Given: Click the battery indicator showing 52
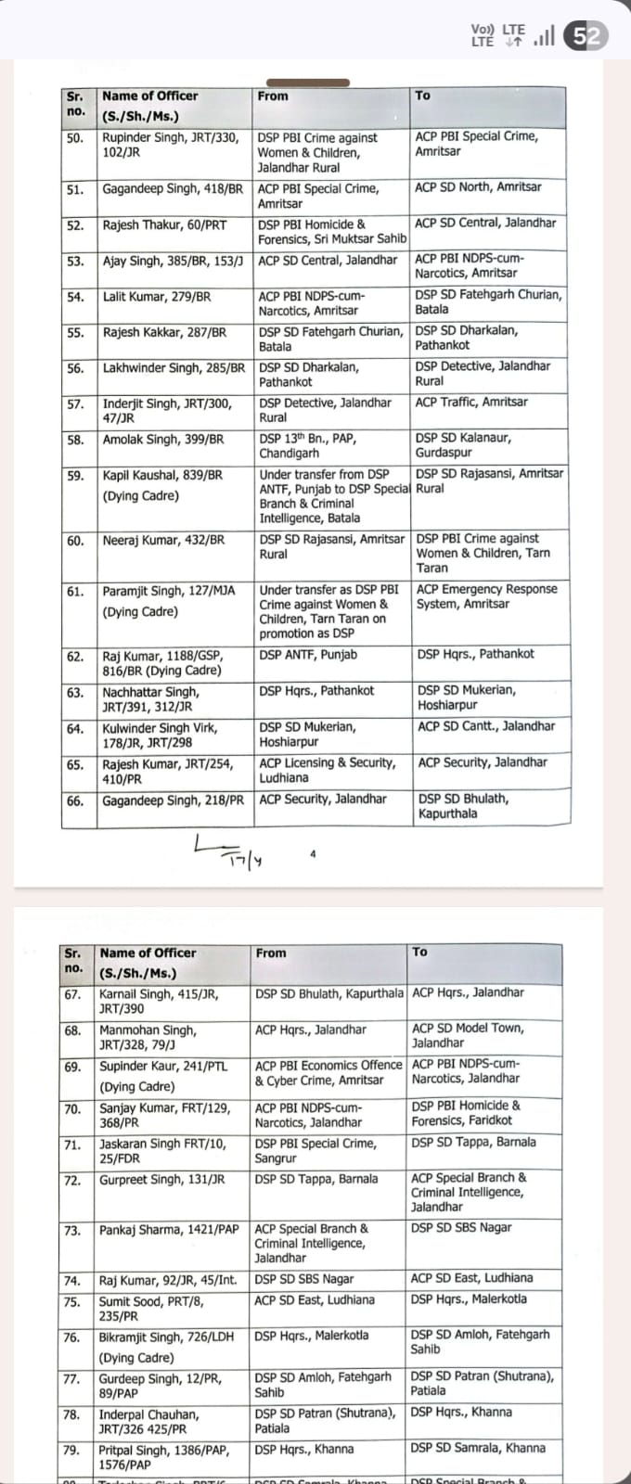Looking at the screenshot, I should click(586, 36).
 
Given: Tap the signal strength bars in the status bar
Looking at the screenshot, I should click(545, 36).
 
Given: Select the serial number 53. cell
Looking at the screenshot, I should click(75, 262).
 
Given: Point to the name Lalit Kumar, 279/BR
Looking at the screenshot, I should click(157, 297).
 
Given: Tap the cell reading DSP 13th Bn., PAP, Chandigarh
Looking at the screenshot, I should click(306, 445).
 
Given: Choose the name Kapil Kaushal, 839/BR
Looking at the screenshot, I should click(162, 475).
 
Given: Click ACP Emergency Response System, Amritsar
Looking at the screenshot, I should click(486, 596).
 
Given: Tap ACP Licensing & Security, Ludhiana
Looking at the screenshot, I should click(327, 770).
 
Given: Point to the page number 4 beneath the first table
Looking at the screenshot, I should click(313, 853).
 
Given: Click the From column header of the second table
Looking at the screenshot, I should click(272, 953).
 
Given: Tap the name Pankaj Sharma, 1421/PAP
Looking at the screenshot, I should click(168, 1230).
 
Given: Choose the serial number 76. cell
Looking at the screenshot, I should click(71, 1337).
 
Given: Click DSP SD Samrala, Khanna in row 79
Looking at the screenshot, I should click(478, 1448).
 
